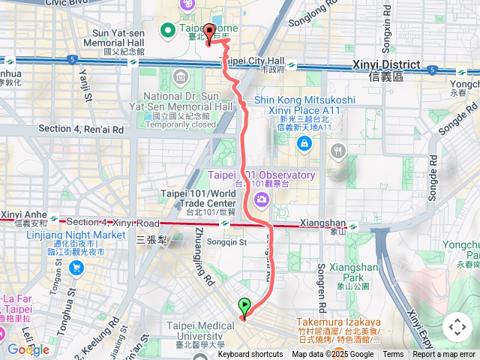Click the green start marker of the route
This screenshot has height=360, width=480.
(x=244, y=306)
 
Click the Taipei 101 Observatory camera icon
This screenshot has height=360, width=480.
(x=262, y=198)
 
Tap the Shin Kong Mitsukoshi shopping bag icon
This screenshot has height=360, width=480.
(x=304, y=144)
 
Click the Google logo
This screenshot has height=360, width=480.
(x=28, y=349)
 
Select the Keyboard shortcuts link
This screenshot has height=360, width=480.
(x=250, y=355)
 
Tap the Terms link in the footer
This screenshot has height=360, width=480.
(x=393, y=355)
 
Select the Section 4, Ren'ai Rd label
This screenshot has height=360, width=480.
(x=80, y=129)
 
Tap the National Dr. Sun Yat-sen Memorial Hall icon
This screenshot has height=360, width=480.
(x=180, y=77)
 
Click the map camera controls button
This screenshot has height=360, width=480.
(x=456, y=327)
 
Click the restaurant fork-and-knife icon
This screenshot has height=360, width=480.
(x=338, y=151)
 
